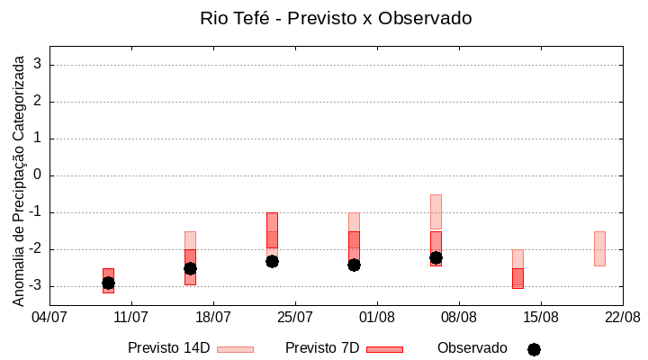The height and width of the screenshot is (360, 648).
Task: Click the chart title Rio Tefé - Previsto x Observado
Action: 336,18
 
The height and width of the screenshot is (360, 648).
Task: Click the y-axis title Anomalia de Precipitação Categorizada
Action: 19,178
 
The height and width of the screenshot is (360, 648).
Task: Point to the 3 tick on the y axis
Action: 38,65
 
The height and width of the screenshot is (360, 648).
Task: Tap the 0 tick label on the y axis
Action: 38,175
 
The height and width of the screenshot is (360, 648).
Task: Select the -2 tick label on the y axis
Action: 35,249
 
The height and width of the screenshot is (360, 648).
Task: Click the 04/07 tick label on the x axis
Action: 49,317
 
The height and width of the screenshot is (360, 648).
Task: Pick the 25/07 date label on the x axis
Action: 295,317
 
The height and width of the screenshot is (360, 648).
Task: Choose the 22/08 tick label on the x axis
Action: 623,317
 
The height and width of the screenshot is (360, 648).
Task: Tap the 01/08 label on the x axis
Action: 377,317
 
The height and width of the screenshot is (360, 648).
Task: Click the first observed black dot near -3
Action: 108,283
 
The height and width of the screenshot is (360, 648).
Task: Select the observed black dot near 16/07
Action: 190,268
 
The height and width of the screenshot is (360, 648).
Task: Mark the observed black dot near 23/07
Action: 272,261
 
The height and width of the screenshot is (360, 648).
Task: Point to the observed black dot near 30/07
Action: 354,265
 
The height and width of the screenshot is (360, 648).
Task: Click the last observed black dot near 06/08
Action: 436,257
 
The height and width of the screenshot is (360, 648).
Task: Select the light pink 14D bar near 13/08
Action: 517,258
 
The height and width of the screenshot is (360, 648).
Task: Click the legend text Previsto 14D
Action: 168,348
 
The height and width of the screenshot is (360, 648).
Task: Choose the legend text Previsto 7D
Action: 322,348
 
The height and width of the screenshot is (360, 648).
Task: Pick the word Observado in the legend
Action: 472,348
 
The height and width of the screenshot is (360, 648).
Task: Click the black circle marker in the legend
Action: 534,349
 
